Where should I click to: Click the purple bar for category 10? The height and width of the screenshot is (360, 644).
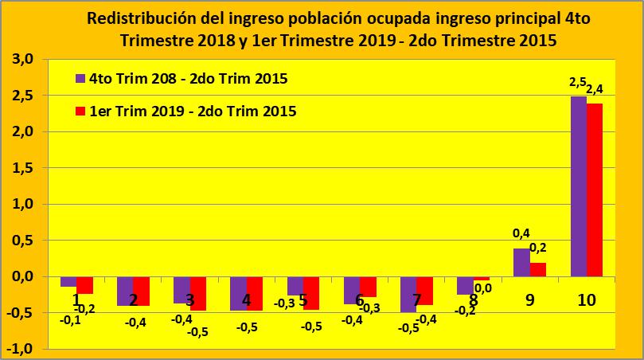579,186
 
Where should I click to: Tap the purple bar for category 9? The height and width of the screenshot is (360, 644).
521,262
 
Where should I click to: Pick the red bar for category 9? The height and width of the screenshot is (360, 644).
538,269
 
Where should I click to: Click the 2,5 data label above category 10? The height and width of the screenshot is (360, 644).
578,83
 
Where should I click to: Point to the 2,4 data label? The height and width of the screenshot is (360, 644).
595,89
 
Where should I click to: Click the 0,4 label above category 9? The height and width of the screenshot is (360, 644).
521,233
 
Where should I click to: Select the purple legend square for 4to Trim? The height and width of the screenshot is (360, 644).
80,79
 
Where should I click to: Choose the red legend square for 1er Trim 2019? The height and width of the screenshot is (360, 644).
80,112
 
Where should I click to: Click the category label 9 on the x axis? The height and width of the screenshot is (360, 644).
530,300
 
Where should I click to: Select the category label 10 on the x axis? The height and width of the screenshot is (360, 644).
587,300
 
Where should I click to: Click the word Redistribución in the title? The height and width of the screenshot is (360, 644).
135,18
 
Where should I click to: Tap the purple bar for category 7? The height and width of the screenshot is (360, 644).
408,294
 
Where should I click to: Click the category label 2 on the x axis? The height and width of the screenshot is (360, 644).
133,300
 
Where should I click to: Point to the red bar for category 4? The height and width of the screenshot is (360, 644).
255,292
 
